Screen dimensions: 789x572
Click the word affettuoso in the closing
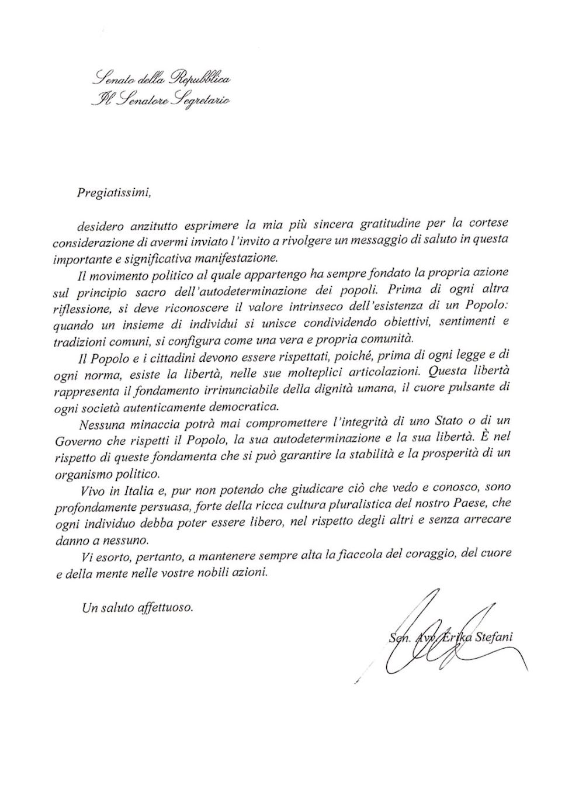165,608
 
